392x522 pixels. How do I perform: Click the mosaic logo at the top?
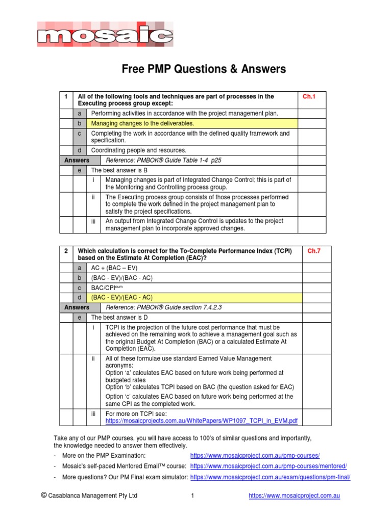[x=105, y=35]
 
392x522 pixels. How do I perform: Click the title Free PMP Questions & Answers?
[x=204, y=69]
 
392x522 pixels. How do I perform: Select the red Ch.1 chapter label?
[x=310, y=96]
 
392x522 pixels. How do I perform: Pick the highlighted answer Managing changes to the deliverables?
[x=142, y=123]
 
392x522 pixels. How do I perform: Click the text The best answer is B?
[x=119, y=170]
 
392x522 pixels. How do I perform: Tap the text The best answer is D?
[x=119, y=318]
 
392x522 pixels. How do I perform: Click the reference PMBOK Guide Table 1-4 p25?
[x=163, y=160]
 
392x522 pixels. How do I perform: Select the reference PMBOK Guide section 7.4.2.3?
[x=163, y=307]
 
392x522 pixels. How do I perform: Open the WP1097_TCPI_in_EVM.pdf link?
[x=201, y=421]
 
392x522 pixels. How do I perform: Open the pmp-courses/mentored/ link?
[x=268, y=466]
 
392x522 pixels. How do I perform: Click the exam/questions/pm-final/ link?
[x=270, y=477]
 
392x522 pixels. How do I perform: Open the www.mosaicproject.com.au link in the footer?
[x=294, y=495]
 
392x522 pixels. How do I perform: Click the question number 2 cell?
[x=66, y=251]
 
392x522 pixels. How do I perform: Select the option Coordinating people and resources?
[x=138, y=150]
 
